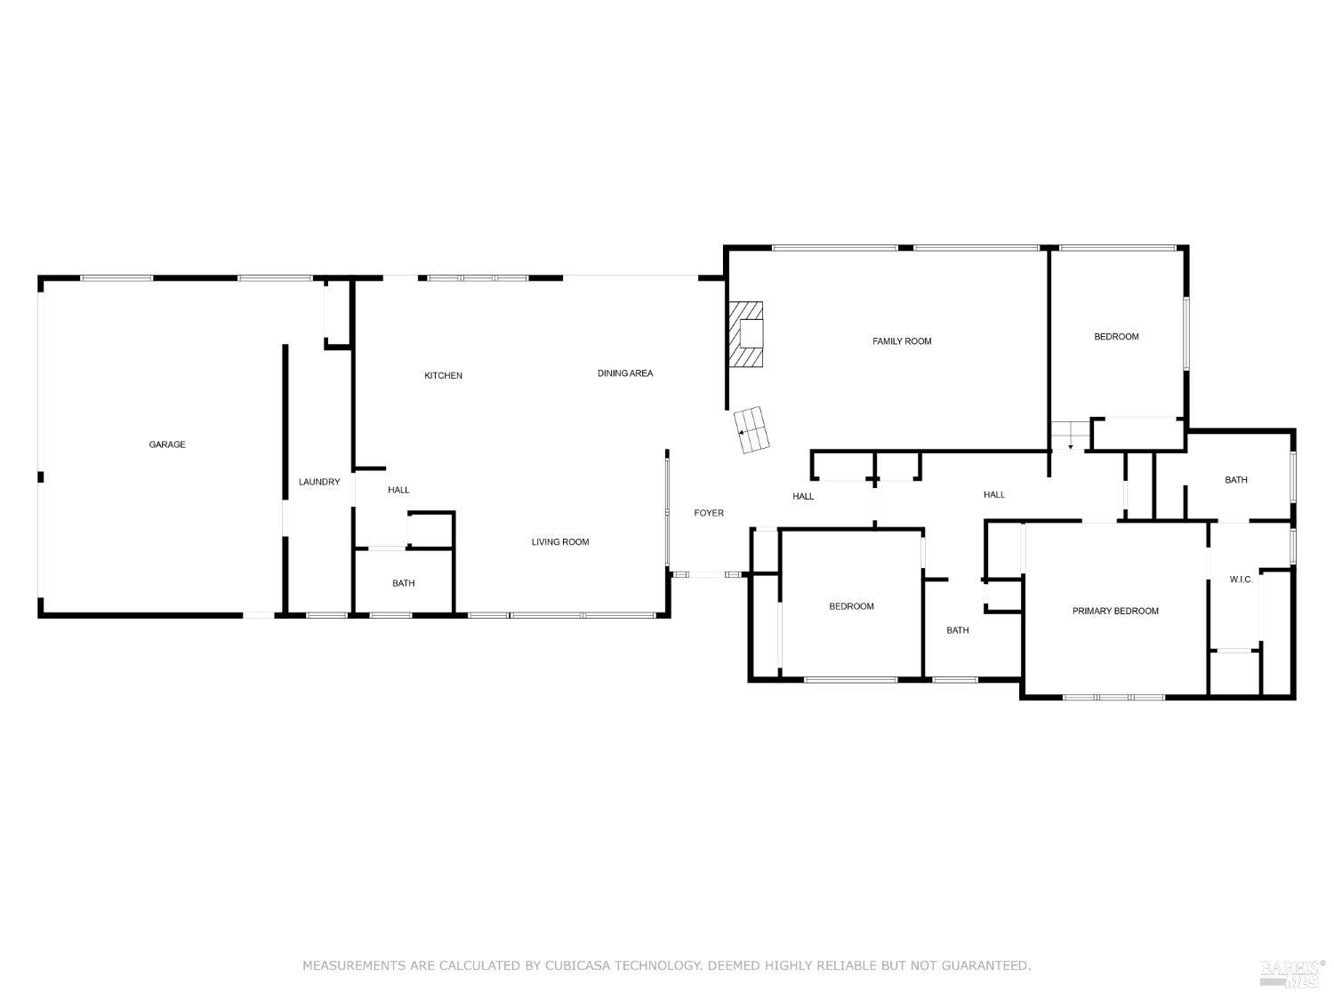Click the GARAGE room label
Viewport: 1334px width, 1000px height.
(x=167, y=444)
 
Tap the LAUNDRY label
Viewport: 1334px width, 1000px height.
(x=318, y=482)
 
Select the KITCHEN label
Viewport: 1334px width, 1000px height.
(x=443, y=376)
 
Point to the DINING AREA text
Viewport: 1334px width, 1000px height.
(x=624, y=373)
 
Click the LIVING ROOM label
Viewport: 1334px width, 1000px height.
(x=560, y=542)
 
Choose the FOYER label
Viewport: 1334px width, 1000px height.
(x=709, y=513)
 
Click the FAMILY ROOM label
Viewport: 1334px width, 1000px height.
(x=902, y=341)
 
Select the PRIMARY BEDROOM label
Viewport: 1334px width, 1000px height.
(x=1115, y=611)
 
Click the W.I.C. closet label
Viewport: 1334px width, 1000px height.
(x=1241, y=580)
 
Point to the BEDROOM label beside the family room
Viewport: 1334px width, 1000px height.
(x=1116, y=337)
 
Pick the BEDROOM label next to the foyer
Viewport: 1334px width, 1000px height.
(x=851, y=606)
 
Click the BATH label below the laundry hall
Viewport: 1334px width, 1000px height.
(x=404, y=583)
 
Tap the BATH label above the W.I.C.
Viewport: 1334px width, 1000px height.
(x=1236, y=480)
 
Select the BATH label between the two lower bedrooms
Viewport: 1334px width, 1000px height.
(x=958, y=630)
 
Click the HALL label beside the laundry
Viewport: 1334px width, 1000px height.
(x=398, y=490)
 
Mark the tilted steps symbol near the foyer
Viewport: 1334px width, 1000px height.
(x=752, y=430)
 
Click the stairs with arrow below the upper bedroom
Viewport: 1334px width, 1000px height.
(x=1068, y=436)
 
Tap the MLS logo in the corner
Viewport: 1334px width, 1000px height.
(x=1293, y=973)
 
